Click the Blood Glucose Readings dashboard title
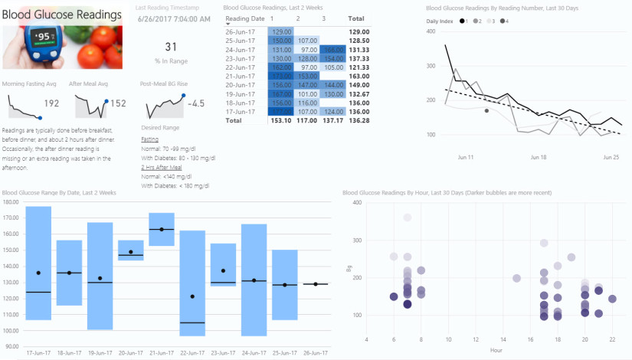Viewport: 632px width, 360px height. click(62, 15)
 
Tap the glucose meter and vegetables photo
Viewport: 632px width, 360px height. click(62, 47)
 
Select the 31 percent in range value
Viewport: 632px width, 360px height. click(171, 47)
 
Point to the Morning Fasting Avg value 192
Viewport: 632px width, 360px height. click(51, 103)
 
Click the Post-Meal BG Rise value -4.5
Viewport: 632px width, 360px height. click(196, 103)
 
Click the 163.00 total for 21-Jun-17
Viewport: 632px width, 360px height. click(359, 76)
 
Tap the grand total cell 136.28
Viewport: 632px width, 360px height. click(359, 120)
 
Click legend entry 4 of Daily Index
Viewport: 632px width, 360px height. click(506, 21)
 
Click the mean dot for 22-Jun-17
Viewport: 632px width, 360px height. click(192, 296)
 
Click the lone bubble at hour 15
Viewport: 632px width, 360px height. click(517, 278)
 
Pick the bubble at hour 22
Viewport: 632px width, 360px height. click(612, 299)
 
